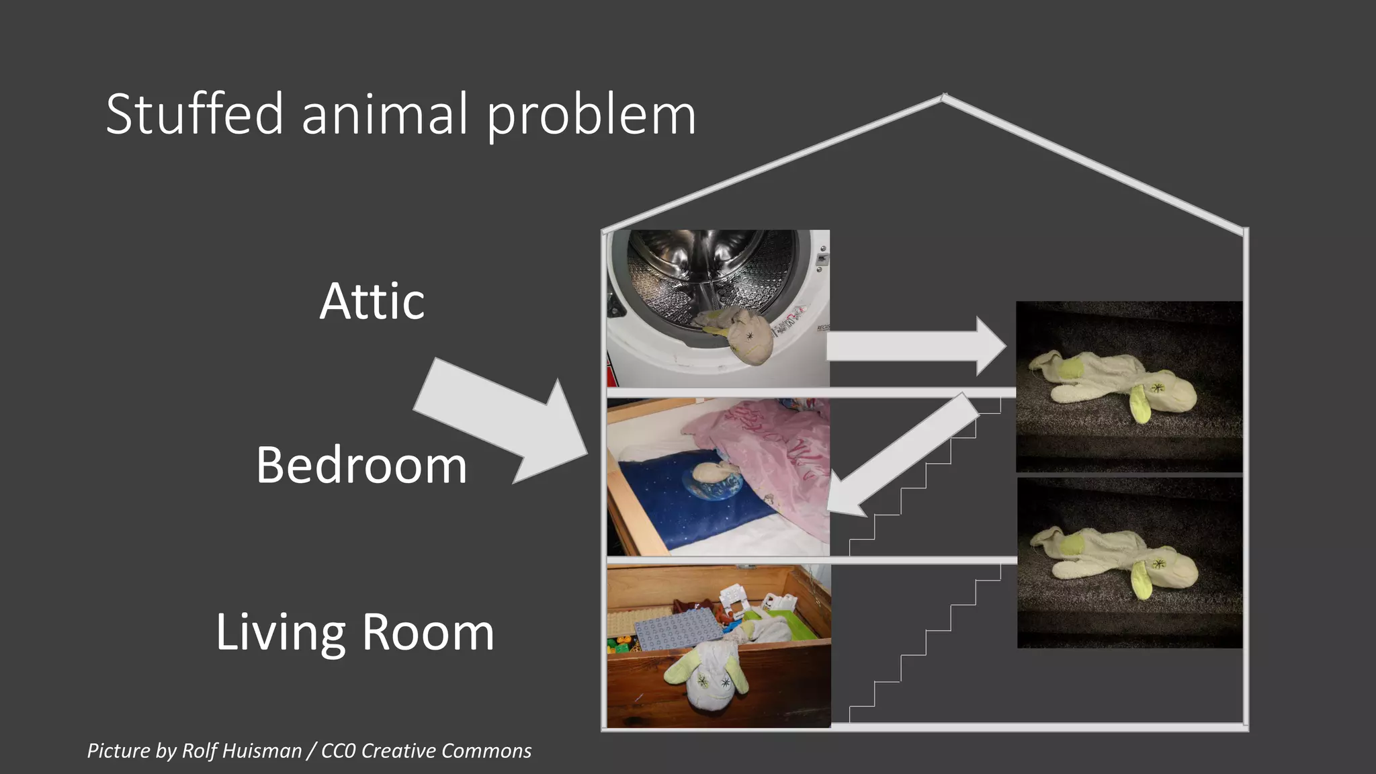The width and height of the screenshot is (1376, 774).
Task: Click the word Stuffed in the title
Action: click(x=195, y=114)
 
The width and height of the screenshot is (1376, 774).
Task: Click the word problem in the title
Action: click(x=591, y=116)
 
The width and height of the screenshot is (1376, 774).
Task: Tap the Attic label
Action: click(x=372, y=302)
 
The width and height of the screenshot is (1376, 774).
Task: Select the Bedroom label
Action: click(x=361, y=465)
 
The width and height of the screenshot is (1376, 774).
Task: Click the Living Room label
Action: click(x=355, y=632)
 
